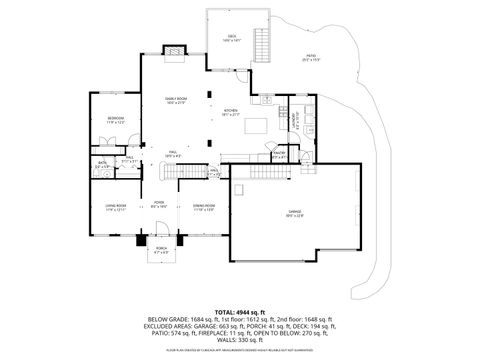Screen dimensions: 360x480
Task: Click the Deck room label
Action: (x=232, y=38)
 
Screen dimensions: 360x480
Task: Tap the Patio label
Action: (x=310, y=58)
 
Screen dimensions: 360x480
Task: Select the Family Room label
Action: (x=177, y=100)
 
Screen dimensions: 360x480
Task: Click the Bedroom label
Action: (x=115, y=120)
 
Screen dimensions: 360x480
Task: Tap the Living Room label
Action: (x=115, y=208)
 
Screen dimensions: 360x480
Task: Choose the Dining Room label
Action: (x=204, y=208)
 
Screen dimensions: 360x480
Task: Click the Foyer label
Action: (x=158, y=203)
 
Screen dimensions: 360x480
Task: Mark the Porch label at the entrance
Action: (x=161, y=250)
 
